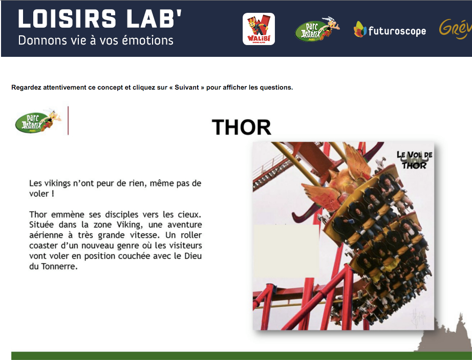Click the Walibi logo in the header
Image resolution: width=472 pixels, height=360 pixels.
coord(259,29)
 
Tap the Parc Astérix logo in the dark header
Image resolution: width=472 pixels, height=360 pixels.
coord(317,29)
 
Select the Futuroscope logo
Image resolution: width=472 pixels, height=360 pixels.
coord(390,30)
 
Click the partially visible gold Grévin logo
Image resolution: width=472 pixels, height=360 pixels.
coord(456,29)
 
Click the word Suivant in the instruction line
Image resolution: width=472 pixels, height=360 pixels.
coord(187,87)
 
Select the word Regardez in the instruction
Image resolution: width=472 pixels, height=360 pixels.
coord(26,88)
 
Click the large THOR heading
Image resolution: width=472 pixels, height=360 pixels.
coord(242,128)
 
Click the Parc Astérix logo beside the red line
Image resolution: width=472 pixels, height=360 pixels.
coord(38,121)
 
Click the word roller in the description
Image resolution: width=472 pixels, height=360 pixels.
coord(191,235)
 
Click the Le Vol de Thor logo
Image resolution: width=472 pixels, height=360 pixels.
coord(414,160)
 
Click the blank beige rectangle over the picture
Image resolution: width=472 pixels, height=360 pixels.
coord(286,251)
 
